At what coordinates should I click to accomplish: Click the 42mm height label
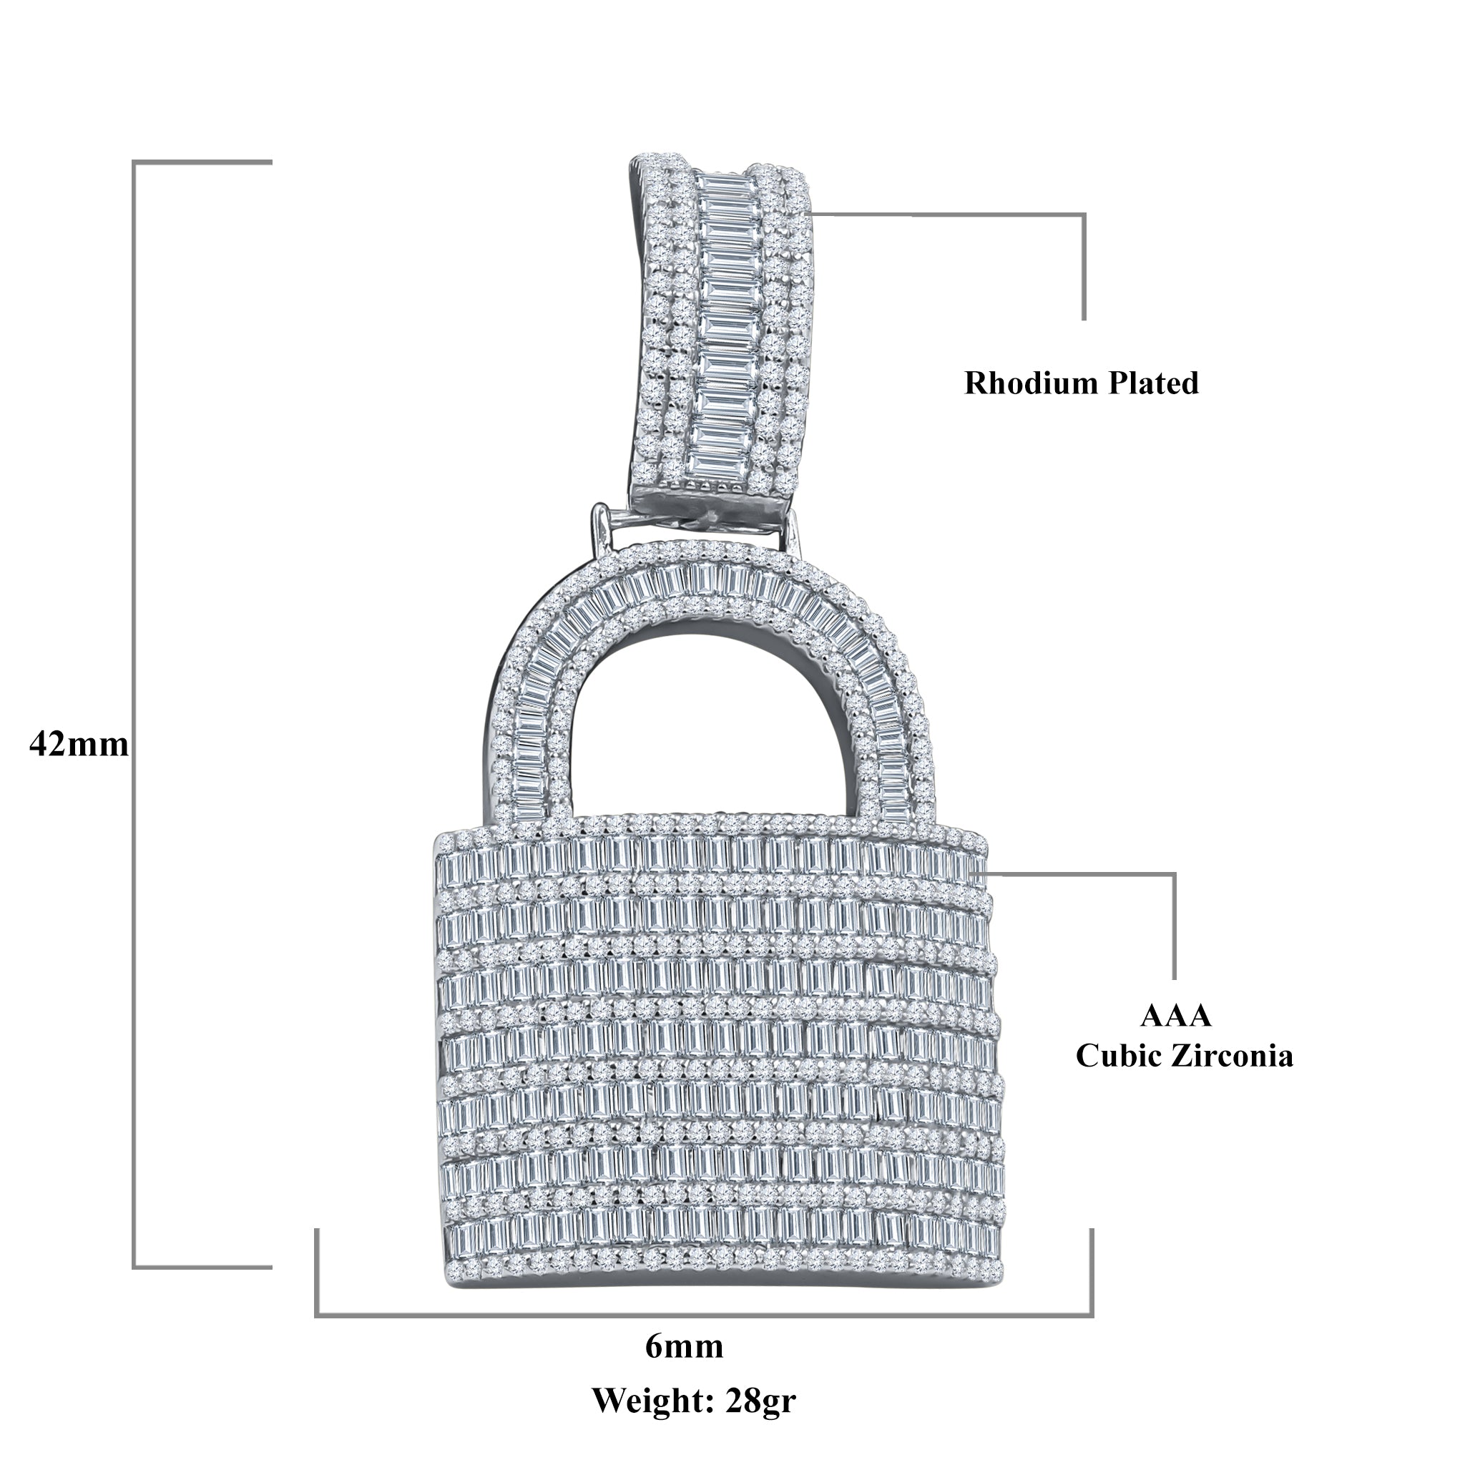point(79,745)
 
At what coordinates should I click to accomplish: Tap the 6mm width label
point(684,1347)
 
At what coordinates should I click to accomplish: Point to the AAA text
point(1175,1015)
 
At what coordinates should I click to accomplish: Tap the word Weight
point(653,1401)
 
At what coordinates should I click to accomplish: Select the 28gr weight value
point(760,1401)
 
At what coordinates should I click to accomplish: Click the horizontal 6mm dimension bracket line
point(704,1315)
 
